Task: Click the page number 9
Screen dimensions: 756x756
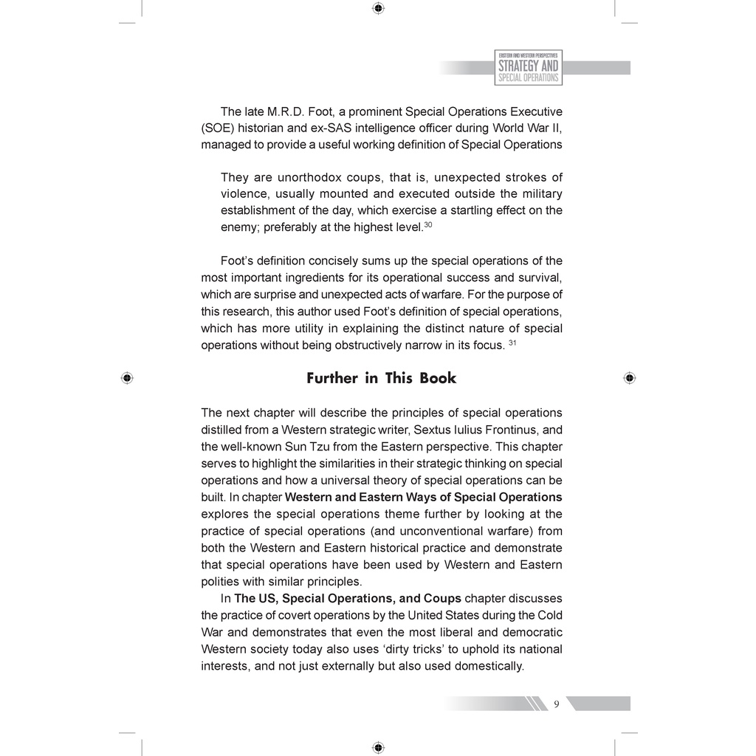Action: [557, 704]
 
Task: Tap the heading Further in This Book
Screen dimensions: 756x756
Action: [381, 378]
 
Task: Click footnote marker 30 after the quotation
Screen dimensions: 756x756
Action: [427, 224]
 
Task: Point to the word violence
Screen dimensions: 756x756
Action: [241, 194]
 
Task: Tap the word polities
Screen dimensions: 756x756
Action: [221, 580]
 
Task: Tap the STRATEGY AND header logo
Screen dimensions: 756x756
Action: [528, 67]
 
